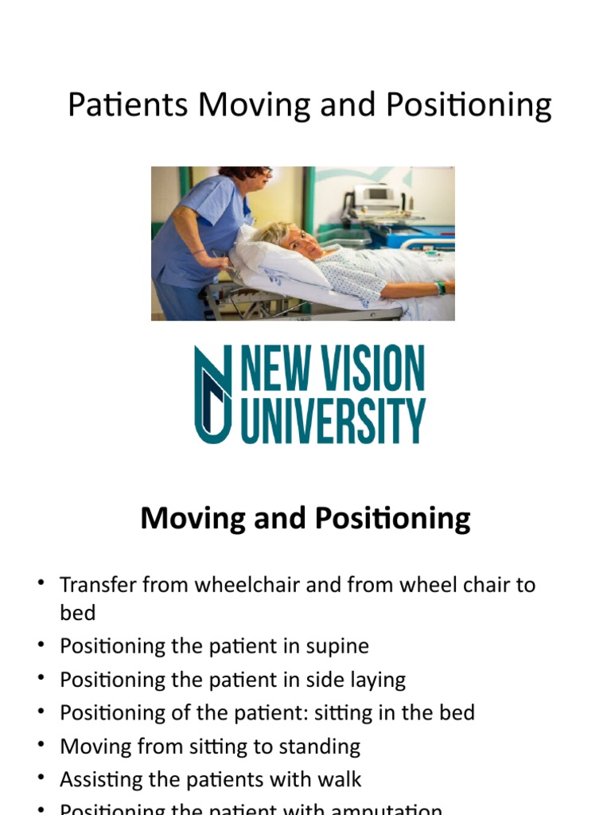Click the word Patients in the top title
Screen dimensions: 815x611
pos(127,105)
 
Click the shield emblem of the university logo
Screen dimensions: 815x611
pos(213,393)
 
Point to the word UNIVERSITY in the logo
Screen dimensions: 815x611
pos(333,422)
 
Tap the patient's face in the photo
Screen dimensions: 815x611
pos(301,240)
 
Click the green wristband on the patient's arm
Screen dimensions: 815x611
pos(440,287)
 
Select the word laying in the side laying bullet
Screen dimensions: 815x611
pos(376,680)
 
